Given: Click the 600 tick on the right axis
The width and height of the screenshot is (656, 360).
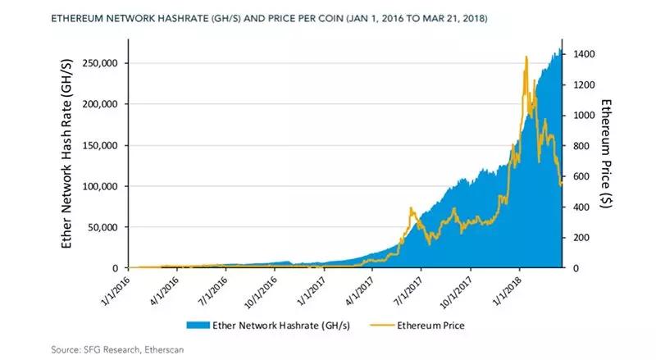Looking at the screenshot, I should pyautogui.click(x=576, y=176).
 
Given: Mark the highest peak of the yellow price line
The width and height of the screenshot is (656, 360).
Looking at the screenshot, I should pyautogui.click(x=525, y=57).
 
